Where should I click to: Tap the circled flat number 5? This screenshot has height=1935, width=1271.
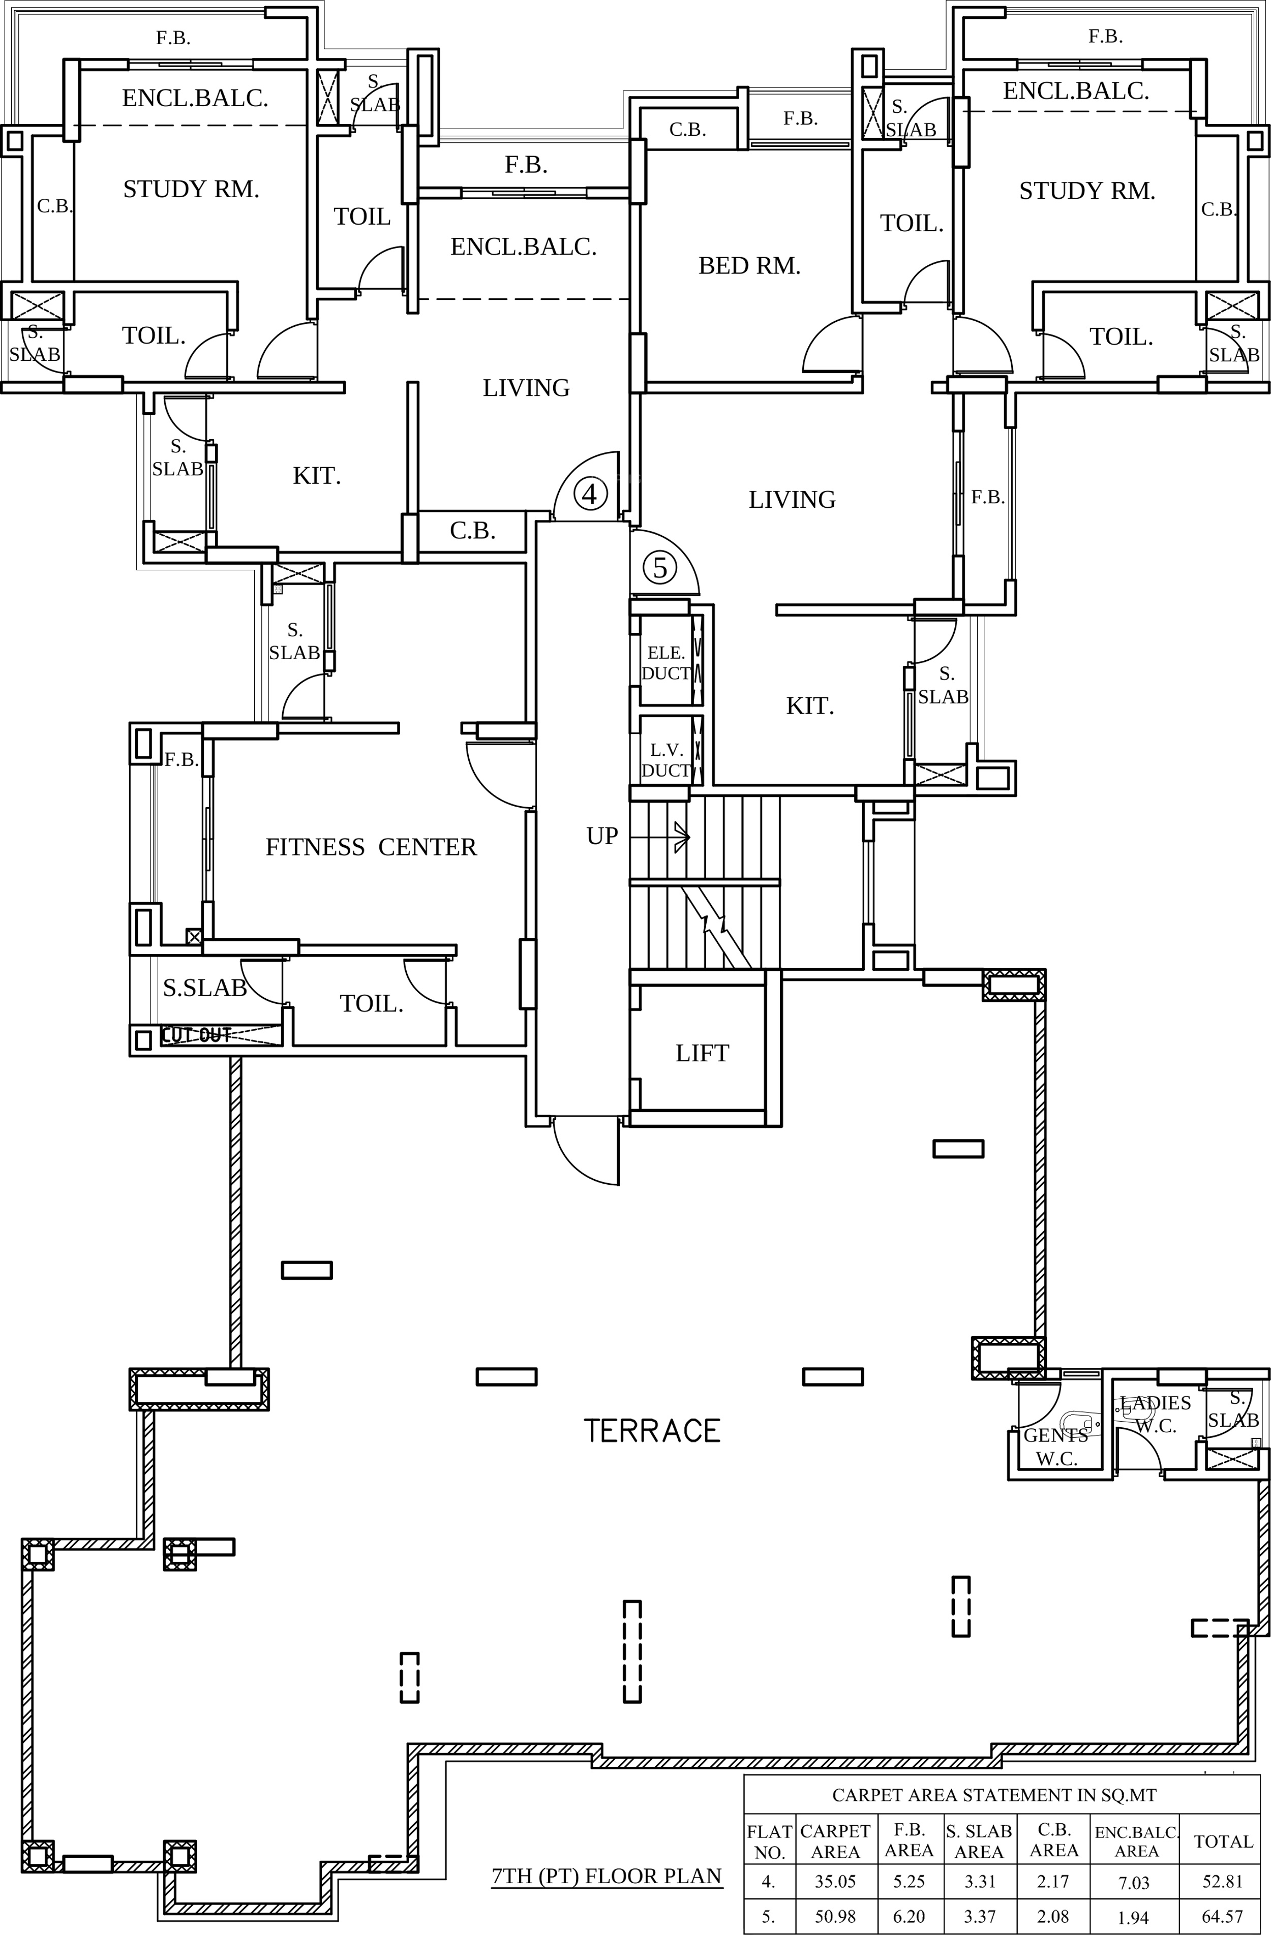point(659,568)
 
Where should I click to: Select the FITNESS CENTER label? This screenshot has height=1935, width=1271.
point(371,847)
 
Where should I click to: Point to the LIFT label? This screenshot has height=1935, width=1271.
point(702,1054)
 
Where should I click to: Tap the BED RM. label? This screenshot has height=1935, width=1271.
point(749,266)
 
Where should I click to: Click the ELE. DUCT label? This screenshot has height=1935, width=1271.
point(666,663)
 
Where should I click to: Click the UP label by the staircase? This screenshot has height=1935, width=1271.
point(602,836)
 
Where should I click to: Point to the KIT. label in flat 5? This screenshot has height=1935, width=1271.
point(810,705)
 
